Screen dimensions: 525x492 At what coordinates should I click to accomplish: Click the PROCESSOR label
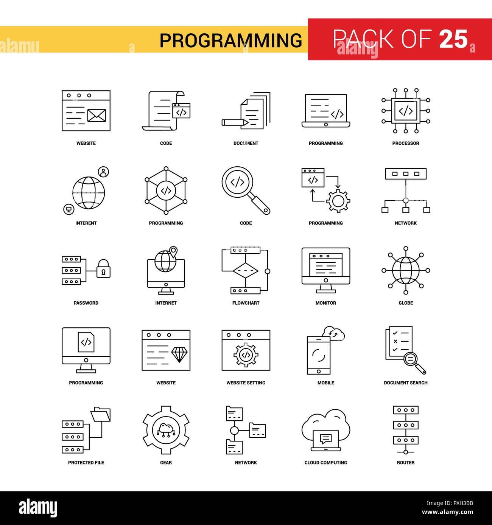click(405, 143)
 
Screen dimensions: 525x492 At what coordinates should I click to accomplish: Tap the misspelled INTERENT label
click(86, 223)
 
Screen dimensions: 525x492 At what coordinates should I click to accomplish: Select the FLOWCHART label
click(246, 303)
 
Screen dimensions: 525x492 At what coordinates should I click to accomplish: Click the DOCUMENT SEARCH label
click(405, 383)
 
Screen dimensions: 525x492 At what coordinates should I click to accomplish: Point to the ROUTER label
click(405, 462)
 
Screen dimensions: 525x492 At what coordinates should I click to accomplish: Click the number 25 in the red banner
click(453, 39)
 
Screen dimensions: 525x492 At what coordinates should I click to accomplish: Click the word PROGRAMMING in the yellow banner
click(231, 40)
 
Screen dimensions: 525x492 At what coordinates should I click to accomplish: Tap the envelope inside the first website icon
click(97, 115)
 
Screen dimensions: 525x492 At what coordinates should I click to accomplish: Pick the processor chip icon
click(405, 111)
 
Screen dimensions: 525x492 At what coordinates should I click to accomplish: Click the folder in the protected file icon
click(101, 414)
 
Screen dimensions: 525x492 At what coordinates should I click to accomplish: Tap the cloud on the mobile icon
click(333, 333)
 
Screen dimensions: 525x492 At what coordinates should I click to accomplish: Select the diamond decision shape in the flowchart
click(245, 271)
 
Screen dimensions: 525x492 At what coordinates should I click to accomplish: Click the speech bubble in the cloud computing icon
click(326, 438)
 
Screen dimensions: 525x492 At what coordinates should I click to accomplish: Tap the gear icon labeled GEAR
click(166, 430)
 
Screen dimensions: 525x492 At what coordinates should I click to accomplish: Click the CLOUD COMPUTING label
click(325, 462)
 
